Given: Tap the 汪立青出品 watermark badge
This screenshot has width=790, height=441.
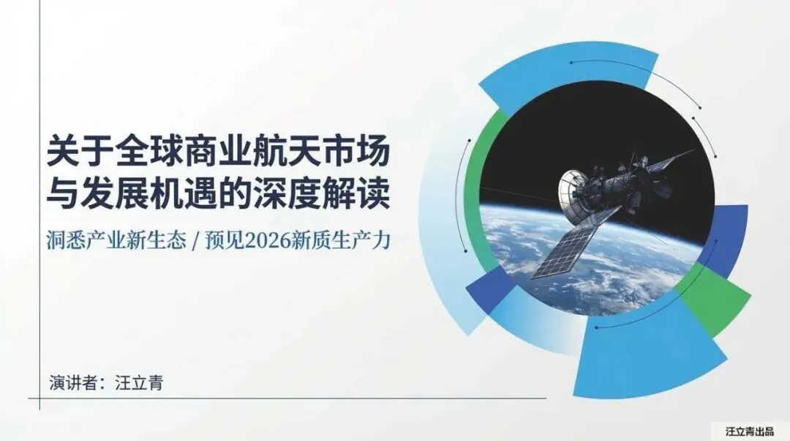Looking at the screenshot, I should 749,431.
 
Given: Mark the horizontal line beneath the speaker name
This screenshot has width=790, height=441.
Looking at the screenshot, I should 293,399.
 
